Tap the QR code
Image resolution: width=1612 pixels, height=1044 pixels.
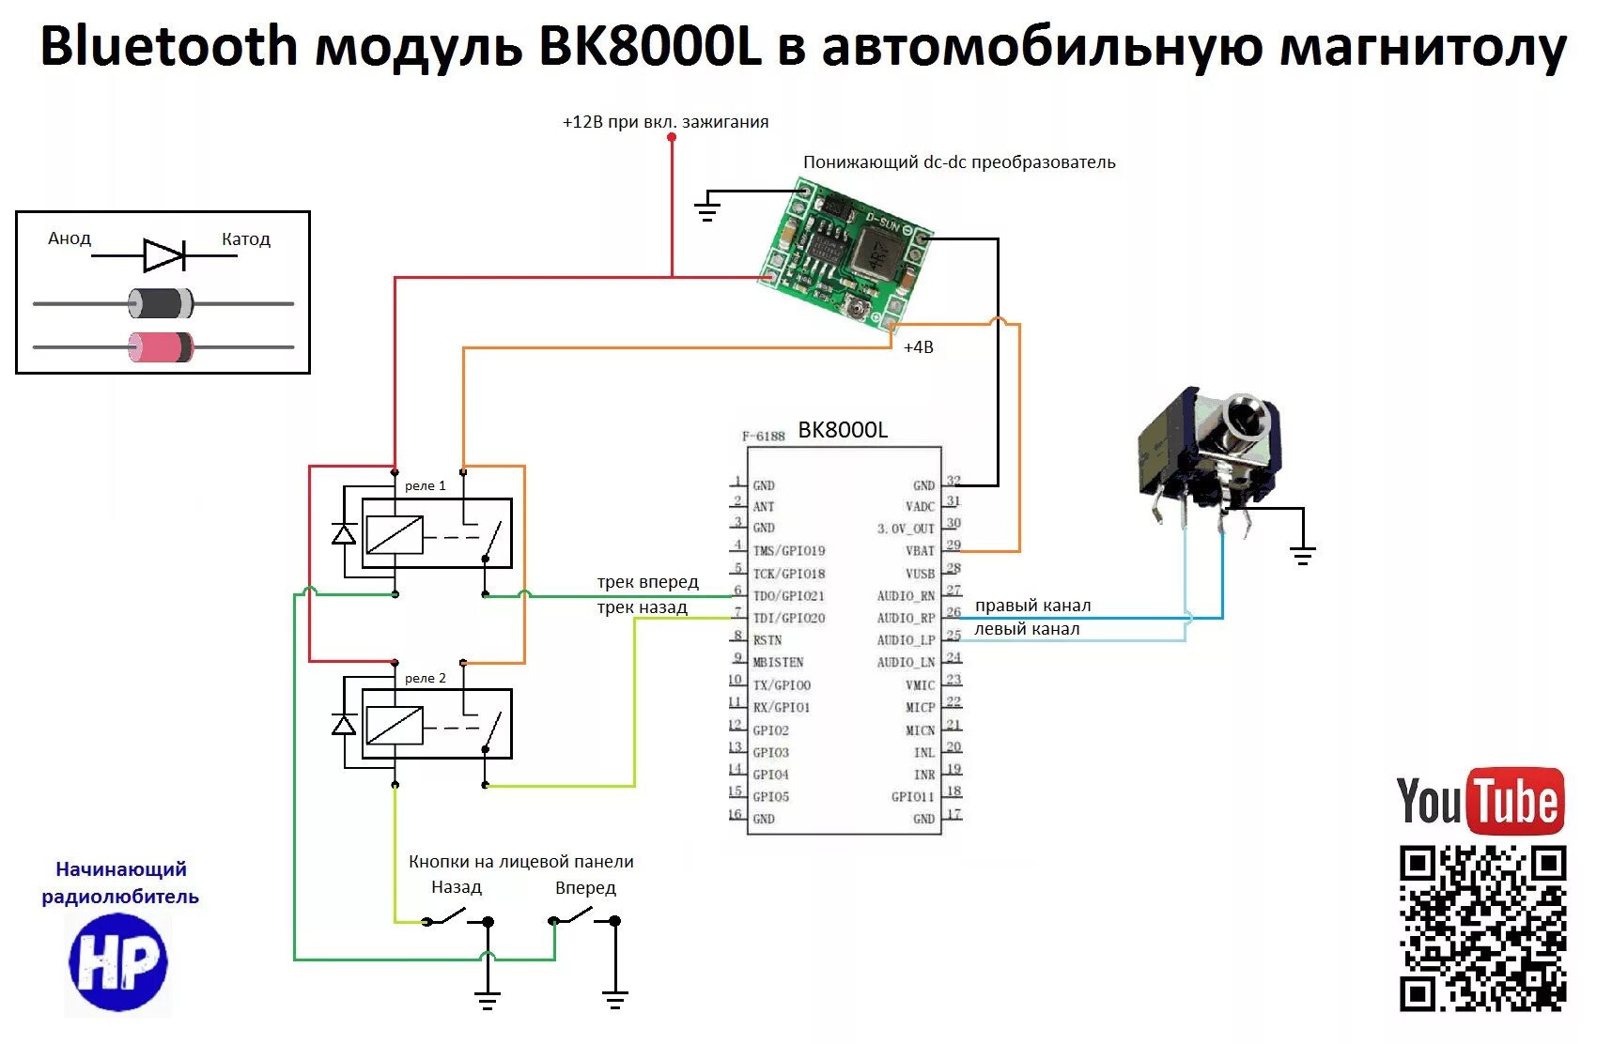click(1482, 928)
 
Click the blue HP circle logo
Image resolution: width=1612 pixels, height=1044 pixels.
click(118, 961)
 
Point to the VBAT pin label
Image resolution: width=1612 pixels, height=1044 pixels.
click(920, 551)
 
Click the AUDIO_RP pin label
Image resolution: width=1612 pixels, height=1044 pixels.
click(906, 619)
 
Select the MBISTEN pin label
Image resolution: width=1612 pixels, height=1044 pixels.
click(778, 662)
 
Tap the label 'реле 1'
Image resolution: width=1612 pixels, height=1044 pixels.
click(426, 485)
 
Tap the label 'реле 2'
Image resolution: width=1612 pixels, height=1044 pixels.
click(426, 678)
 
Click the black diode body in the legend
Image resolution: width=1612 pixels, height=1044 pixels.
click(161, 303)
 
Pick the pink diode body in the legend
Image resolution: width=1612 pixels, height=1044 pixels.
click(161, 346)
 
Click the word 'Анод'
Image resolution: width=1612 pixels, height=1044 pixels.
click(70, 238)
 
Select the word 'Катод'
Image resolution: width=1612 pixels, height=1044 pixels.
click(246, 239)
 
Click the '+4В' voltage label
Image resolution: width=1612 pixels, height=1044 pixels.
click(918, 347)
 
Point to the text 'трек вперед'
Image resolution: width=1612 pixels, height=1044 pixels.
click(648, 582)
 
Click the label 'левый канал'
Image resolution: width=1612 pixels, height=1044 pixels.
click(1027, 629)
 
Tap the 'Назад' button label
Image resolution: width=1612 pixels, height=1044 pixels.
click(457, 887)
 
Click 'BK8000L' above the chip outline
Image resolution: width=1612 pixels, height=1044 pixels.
click(843, 430)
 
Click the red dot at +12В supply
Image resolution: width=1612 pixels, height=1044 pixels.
click(672, 138)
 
